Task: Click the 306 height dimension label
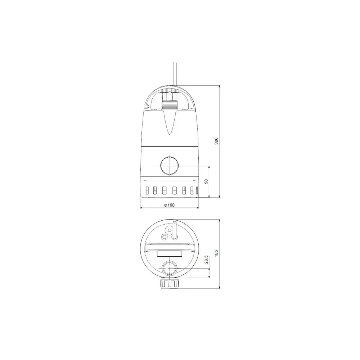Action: point(216,141)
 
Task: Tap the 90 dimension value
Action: point(206,181)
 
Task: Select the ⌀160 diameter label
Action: point(169,205)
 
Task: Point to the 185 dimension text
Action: point(216,253)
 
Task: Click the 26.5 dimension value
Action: point(206,260)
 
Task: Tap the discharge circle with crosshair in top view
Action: point(168,268)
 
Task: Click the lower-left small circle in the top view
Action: point(165,237)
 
